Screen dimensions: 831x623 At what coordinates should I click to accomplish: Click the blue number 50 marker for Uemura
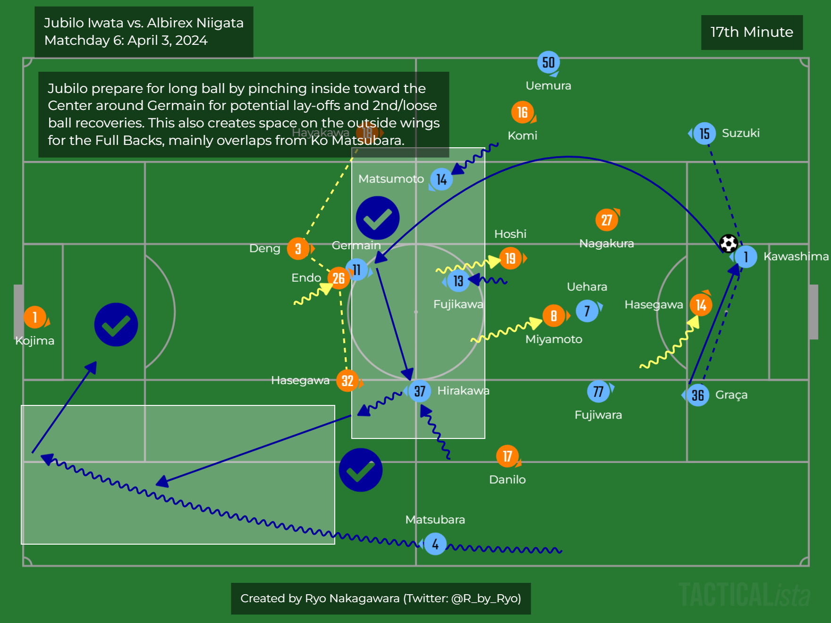coord(548,62)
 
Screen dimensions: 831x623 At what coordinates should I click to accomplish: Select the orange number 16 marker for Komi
coord(522,112)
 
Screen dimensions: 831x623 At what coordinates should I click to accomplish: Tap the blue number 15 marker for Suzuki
coord(704,134)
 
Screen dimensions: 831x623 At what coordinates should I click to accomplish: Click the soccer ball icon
coord(728,244)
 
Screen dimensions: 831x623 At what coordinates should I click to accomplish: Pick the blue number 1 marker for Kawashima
coord(746,257)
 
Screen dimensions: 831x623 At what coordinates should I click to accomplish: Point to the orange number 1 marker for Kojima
coord(35,317)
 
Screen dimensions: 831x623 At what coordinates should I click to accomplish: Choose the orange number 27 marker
coord(607,219)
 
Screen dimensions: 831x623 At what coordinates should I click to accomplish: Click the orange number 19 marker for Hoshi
coord(510,258)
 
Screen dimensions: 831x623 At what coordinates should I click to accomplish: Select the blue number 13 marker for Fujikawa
coord(458,281)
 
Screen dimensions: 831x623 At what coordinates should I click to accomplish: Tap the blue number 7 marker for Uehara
coord(587,311)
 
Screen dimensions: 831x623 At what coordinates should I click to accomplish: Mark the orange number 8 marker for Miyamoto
coord(554,316)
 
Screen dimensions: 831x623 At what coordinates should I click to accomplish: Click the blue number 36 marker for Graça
coord(698,395)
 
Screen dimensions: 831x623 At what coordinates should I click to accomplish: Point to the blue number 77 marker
coord(598,391)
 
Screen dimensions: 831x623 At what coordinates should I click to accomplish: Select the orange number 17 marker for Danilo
coord(508,456)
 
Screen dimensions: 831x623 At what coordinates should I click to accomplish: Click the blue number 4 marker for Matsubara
coord(435,544)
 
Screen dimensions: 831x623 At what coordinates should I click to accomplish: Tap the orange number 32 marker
coord(348,380)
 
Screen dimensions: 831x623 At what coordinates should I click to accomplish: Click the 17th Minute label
coord(752,32)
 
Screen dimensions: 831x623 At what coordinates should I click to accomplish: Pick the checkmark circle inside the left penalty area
coord(116,325)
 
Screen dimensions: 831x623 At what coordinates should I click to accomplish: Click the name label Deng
coord(264,248)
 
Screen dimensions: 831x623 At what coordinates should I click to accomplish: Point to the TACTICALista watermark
coord(744,595)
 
